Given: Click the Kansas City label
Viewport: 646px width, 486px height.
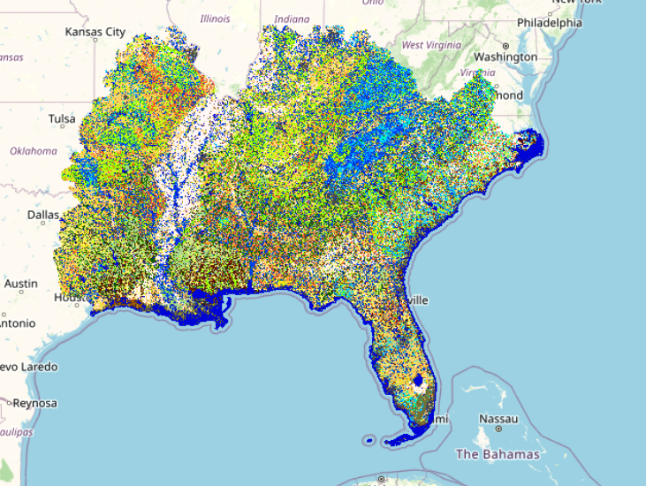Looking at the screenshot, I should pyautogui.click(x=95, y=32).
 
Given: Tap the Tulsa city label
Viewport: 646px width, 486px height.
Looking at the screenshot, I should pyautogui.click(x=62, y=118).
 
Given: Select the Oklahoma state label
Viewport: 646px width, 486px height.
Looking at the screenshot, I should pyautogui.click(x=34, y=151).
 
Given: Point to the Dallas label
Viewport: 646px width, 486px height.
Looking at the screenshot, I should pyautogui.click(x=42, y=215).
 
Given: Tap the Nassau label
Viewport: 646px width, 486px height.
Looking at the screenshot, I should pyautogui.click(x=497, y=418).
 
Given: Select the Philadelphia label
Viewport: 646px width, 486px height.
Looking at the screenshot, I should pyautogui.click(x=549, y=23).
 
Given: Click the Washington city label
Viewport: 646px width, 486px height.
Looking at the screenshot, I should pyautogui.click(x=505, y=57).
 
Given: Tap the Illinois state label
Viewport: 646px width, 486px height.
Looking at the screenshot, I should pyautogui.click(x=215, y=19).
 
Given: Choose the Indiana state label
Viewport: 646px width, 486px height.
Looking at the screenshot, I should pyautogui.click(x=292, y=19).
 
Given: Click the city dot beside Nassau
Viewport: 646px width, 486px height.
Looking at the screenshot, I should pyautogui.click(x=499, y=429).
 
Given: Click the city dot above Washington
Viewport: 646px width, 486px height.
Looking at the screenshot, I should pyautogui.click(x=505, y=45).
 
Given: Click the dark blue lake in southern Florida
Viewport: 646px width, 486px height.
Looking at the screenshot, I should pyautogui.click(x=419, y=384).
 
